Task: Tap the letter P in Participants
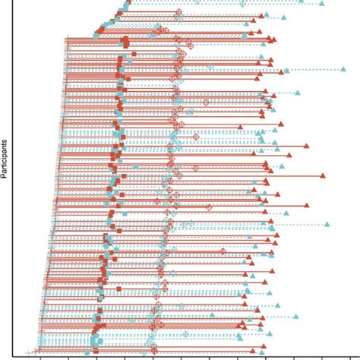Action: [6, 177]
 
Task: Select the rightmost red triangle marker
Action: [323, 175]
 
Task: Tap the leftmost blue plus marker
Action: [28, 354]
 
